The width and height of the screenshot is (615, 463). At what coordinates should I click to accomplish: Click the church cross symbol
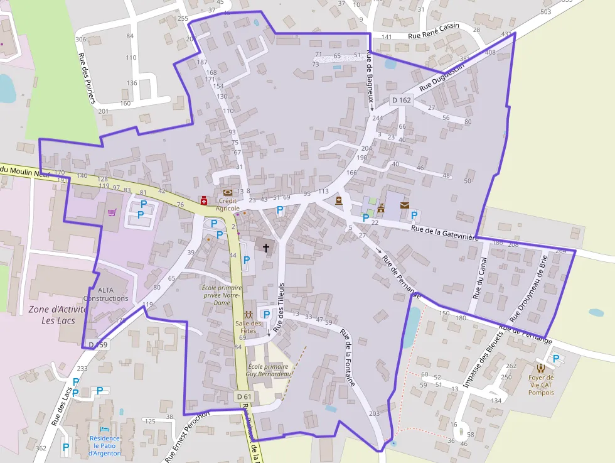[265, 248]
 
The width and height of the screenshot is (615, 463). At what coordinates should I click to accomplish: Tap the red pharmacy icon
[204, 200]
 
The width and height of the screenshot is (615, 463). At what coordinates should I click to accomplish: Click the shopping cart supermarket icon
[112, 212]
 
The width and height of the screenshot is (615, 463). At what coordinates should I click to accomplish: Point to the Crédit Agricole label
[228, 204]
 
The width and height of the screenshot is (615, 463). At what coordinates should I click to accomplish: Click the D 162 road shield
[401, 100]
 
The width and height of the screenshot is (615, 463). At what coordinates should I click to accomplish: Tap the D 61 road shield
[245, 396]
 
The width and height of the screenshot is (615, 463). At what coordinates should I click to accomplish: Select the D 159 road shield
[98, 344]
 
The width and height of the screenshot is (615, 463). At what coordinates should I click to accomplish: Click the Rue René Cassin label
[434, 31]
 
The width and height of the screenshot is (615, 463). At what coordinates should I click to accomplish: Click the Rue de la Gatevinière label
[445, 232]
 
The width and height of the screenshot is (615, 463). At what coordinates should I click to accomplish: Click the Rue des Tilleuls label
[281, 305]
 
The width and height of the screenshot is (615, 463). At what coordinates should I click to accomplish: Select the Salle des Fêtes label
[248, 327]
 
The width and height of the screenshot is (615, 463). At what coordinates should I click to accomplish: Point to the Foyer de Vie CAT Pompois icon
[540, 368]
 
